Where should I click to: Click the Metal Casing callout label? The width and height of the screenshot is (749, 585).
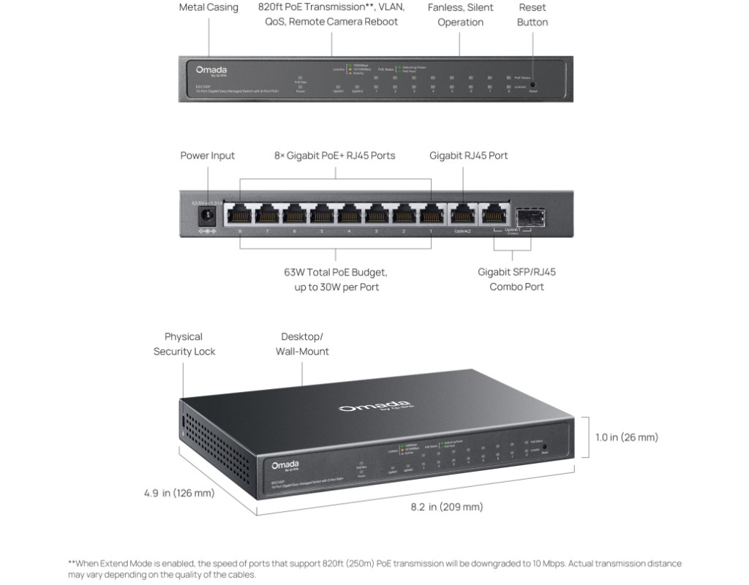pos(208,7)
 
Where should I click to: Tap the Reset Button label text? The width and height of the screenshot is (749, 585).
pos(532,15)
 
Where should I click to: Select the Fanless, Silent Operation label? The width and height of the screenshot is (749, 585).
pos(460,15)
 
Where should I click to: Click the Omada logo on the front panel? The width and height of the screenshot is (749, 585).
pos(211,70)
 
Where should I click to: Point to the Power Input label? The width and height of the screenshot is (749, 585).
pos(208,155)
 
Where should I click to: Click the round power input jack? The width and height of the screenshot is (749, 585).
pos(207,215)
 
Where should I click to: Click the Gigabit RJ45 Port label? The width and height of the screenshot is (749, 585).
pos(468,155)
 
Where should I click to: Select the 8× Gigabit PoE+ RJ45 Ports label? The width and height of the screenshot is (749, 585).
pos(335,155)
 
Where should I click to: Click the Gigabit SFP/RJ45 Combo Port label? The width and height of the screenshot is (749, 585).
pos(516,279)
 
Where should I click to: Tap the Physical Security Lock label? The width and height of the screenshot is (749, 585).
pos(184,344)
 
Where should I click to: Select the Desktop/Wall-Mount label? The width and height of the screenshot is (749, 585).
pos(302,344)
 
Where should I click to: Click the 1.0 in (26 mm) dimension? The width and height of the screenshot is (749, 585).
pos(626,437)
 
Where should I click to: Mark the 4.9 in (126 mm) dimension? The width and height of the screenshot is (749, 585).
pos(179,493)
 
